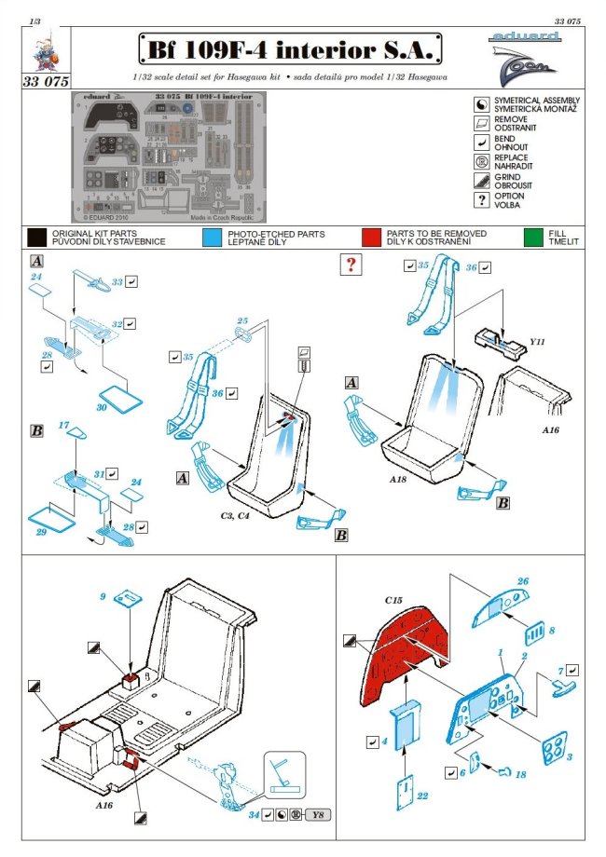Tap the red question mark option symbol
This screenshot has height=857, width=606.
[351, 265]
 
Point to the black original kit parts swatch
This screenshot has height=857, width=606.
[37, 237]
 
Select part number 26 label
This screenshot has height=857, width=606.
[522, 582]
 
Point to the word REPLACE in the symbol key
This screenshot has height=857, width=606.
[512, 158]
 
